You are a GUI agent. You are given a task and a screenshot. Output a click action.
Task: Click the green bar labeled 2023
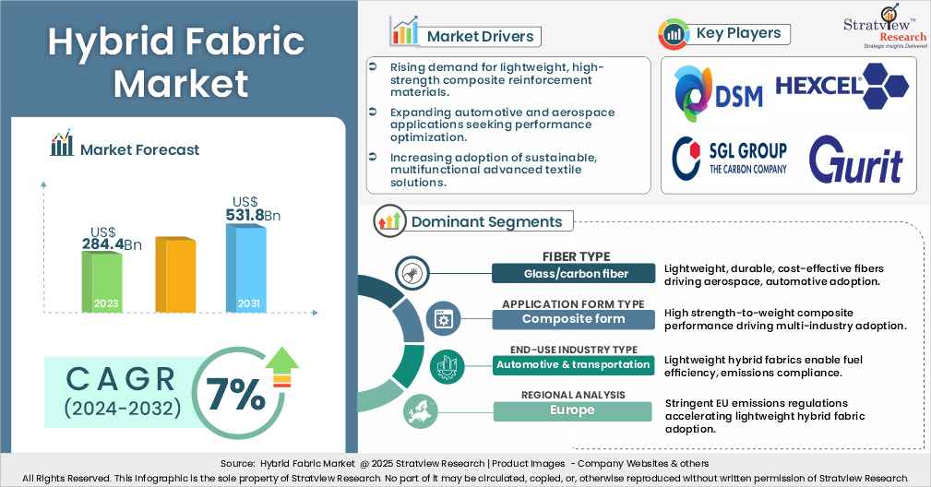[101, 281]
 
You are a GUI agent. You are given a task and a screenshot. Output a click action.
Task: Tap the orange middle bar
[174, 274]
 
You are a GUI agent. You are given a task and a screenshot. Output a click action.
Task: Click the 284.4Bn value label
[112, 244]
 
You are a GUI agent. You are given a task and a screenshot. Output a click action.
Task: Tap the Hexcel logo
[841, 88]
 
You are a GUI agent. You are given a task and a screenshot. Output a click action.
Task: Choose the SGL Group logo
[730, 157]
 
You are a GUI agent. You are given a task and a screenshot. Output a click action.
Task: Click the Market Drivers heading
[479, 36]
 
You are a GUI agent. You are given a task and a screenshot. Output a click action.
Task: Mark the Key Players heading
[738, 33]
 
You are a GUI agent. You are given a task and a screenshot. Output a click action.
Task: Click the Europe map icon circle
[421, 412]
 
